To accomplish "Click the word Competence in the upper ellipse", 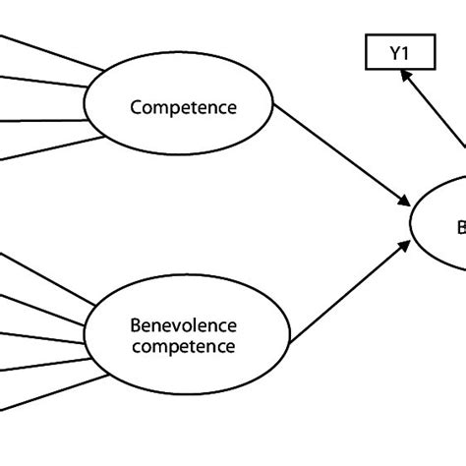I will point(184,107).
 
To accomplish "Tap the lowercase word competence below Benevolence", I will point(184,346).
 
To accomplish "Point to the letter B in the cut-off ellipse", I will point(460,228).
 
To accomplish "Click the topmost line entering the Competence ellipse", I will point(49,53).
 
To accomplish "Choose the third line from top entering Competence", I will point(44,121).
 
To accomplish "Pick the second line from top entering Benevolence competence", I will point(44,306).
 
